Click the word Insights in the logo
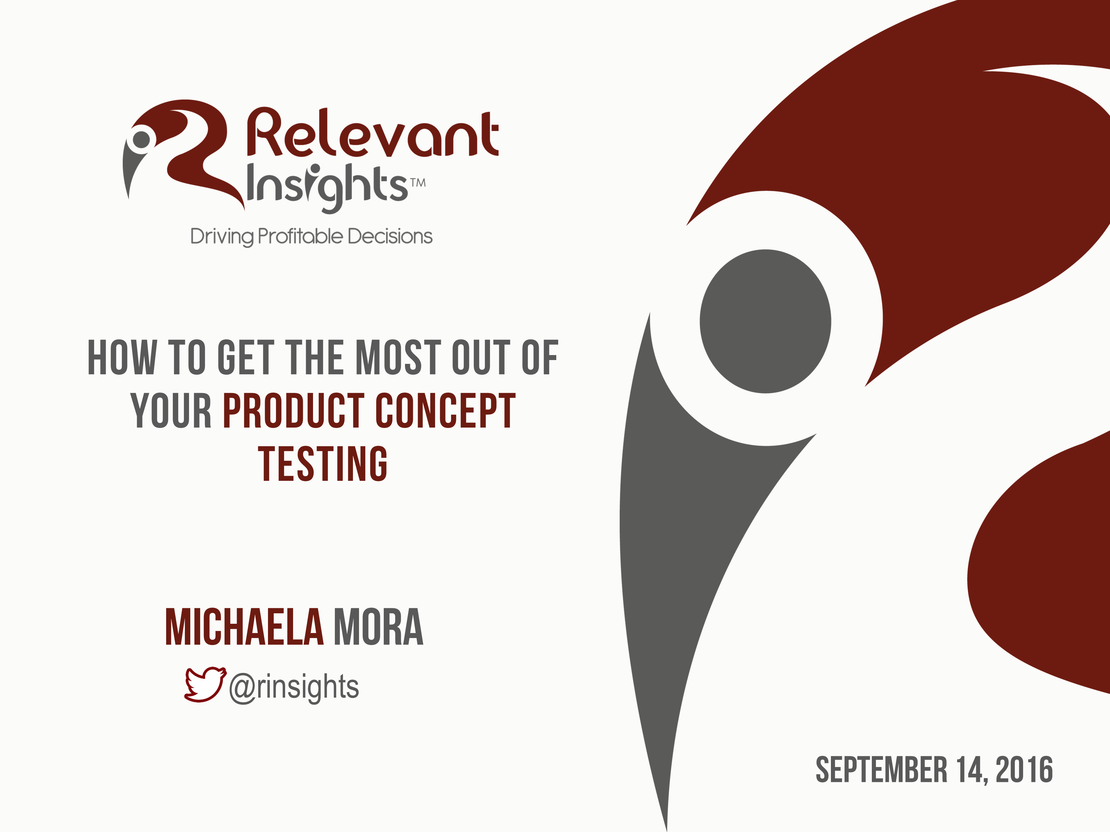[327, 187]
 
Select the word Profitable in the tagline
[300, 236]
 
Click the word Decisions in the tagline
[390, 236]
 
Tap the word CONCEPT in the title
[445, 411]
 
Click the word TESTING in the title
[323, 464]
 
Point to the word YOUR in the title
[171, 411]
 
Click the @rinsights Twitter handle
[294, 687]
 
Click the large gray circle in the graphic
[765, 321]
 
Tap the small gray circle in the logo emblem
[141, 139]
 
